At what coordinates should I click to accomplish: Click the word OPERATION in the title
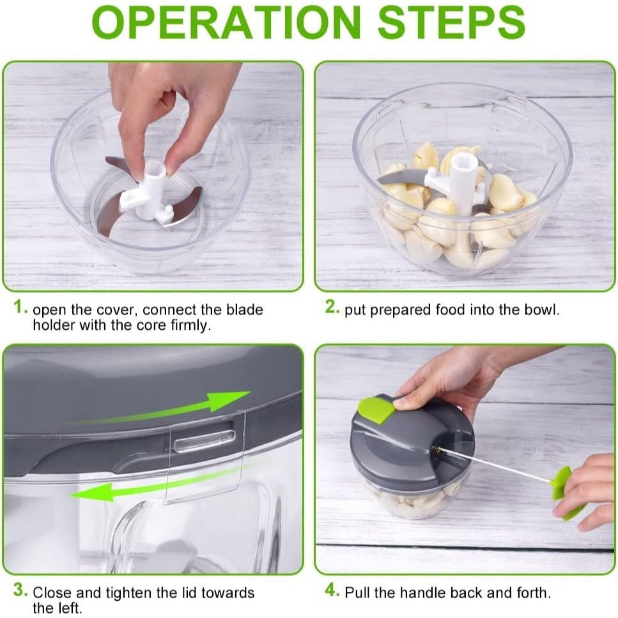(x=226, y=22)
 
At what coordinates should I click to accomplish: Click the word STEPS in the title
(x=452, y=22)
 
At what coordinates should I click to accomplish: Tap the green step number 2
(x=332, y=306)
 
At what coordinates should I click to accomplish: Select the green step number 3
(x=20, y=590)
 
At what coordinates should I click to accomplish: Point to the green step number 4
(x=332, y=590)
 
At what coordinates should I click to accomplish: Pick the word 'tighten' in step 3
(x=129, y=593)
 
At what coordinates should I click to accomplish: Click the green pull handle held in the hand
(x=566, y=493)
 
